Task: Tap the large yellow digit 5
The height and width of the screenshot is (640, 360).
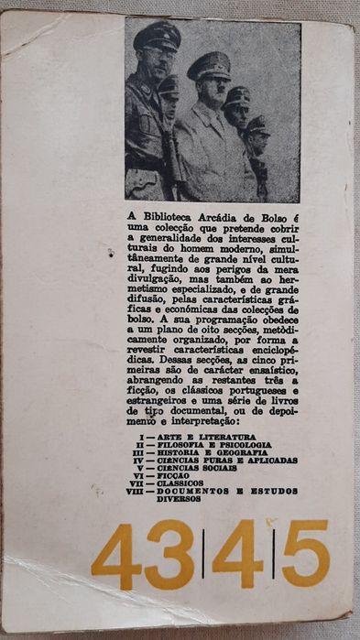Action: (x=304, y=553)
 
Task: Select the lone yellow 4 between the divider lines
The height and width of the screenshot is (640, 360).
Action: (x=237, y=554)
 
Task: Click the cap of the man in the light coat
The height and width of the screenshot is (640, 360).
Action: (x=209, y=64)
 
